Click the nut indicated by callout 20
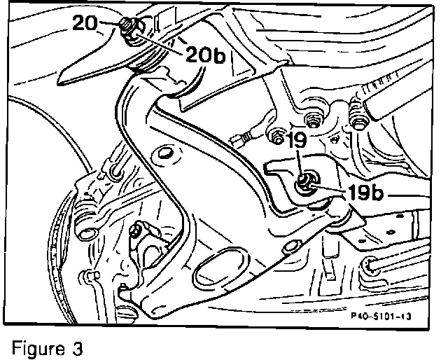coord(129,27)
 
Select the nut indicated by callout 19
coord(307,184)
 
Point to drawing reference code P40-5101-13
coord(378,316)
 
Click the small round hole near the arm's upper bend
coord(166,152)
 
